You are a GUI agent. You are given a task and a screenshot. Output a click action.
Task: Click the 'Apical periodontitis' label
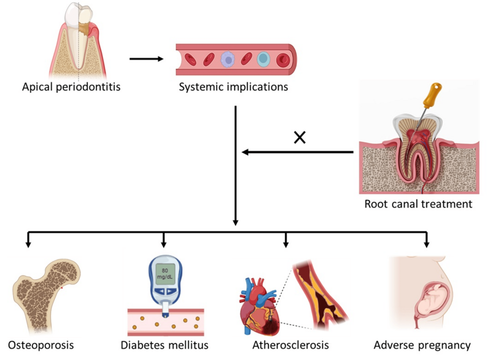click(x=71, y=88)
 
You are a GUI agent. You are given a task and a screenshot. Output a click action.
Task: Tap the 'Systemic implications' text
click(x=234, y=88)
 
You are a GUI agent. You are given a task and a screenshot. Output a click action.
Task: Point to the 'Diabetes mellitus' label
click(x=164, y=345)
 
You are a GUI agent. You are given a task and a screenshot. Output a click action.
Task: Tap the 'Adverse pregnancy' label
click(x=422, y=345)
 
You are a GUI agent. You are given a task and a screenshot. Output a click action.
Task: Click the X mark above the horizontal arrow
click(x=299, y=138)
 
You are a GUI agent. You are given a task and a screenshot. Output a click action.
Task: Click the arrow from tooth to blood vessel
click(x=146, y=59)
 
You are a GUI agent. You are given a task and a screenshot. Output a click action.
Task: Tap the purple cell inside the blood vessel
click(x=227, y=60)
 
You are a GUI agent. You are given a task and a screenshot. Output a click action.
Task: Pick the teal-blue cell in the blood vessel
click(x=263, y=59)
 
